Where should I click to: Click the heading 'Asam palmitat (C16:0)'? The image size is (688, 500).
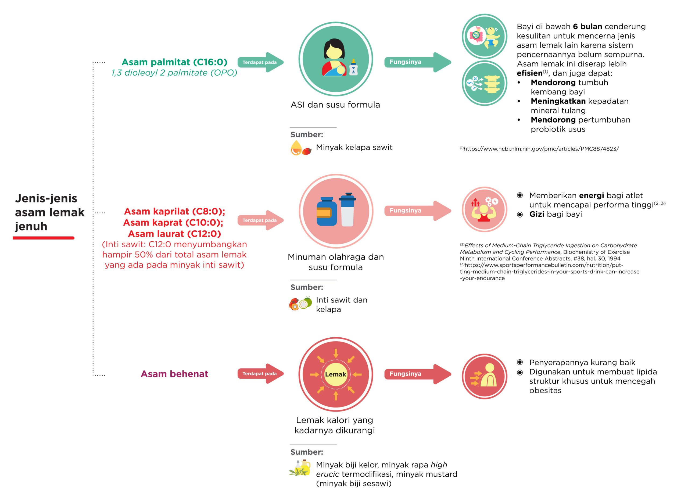pos(174,62)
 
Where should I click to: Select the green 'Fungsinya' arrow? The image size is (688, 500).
pos(418,62)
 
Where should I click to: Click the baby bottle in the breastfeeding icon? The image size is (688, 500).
pos(353,67)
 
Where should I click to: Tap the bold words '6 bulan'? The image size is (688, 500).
pos(587,27)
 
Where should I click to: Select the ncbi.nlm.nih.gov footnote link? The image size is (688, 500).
pos(539,149)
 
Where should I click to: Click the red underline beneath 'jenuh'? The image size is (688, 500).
pos(43,238)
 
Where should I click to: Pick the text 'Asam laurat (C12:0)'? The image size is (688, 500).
pos(174,234)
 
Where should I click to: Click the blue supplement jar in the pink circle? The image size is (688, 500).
pos(327,212)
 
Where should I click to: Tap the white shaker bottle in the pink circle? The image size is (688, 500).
pos(347,209)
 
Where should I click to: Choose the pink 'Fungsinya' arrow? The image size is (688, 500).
pos(418,211)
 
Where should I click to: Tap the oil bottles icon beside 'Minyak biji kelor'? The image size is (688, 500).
pos(300,468)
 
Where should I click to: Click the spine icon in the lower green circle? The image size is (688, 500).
pos(492,84)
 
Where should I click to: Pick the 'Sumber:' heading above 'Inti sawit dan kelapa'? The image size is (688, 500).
pos(307,287)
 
